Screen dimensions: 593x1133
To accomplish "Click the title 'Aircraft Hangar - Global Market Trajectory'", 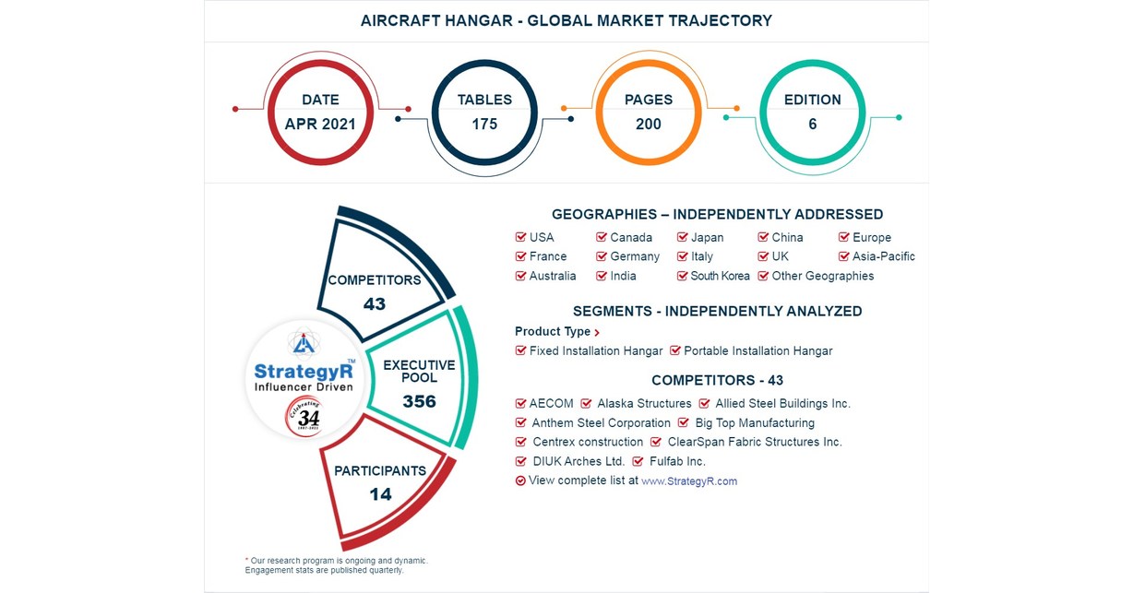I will pyautogui.click(x=566, y=20).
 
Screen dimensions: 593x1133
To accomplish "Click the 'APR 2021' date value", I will pyautogui.click(x=320, y=125).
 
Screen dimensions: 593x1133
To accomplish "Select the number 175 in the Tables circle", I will pyautogui.click(x=484, y=125).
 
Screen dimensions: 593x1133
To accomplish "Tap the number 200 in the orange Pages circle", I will pyautogui.click(x=648, y=125).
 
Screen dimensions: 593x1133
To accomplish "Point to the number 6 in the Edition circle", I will pyautogui.click(x=812, y=125).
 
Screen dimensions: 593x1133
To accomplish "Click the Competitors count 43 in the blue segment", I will pyautogui.click(x=374, y=303).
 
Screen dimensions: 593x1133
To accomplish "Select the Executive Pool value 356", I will pyautogui.click(x=419, y=402).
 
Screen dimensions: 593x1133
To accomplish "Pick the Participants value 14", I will pyautogui.click(x=380, y=494).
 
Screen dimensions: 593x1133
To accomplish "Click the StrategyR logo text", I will pyautogui.click(x=301, y=371).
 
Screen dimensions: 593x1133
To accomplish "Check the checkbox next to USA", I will pyautogui.click(x=521, y=238).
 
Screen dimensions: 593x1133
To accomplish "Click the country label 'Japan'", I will pyautogui.click(x=707, y=238).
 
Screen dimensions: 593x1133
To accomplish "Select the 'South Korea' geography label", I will pyautogui.click(x=720, y=277).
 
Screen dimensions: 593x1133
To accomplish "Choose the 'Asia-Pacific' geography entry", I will pyautogui.click(x=883, y=257).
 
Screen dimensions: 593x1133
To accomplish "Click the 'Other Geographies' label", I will pyautogui.click(x=822, y=277).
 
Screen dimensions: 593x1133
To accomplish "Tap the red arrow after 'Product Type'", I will pyautogui.click(x=597, y=333).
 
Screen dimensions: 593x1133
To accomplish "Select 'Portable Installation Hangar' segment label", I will pyautogui.click(x=757, y=351).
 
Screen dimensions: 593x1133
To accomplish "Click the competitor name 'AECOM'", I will pyautogui.click(x=551, y=404).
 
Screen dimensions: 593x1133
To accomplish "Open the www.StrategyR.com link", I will pyautogui.click(x=688, y=481).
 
